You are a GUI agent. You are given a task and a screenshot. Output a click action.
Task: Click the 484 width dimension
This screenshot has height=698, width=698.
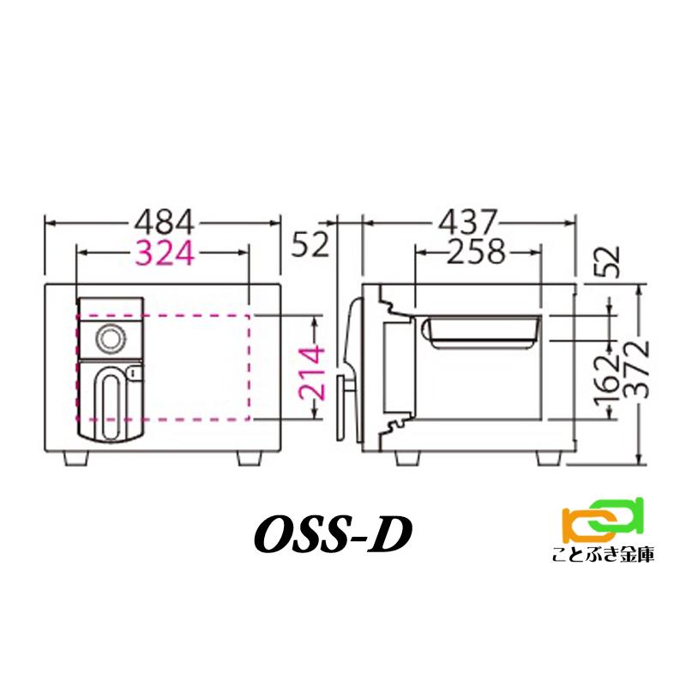[164, 223]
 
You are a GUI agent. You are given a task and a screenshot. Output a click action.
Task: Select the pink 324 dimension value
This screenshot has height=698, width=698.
[164, 253]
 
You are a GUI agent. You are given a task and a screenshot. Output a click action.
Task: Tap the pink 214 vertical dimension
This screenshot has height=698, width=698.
[315, 375]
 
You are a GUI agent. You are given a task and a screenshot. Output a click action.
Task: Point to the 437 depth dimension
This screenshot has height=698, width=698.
[468, 223]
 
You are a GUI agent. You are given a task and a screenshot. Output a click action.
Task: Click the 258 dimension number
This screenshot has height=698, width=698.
[477, 253]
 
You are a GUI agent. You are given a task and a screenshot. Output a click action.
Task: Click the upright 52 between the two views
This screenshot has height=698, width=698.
[310, 245]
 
